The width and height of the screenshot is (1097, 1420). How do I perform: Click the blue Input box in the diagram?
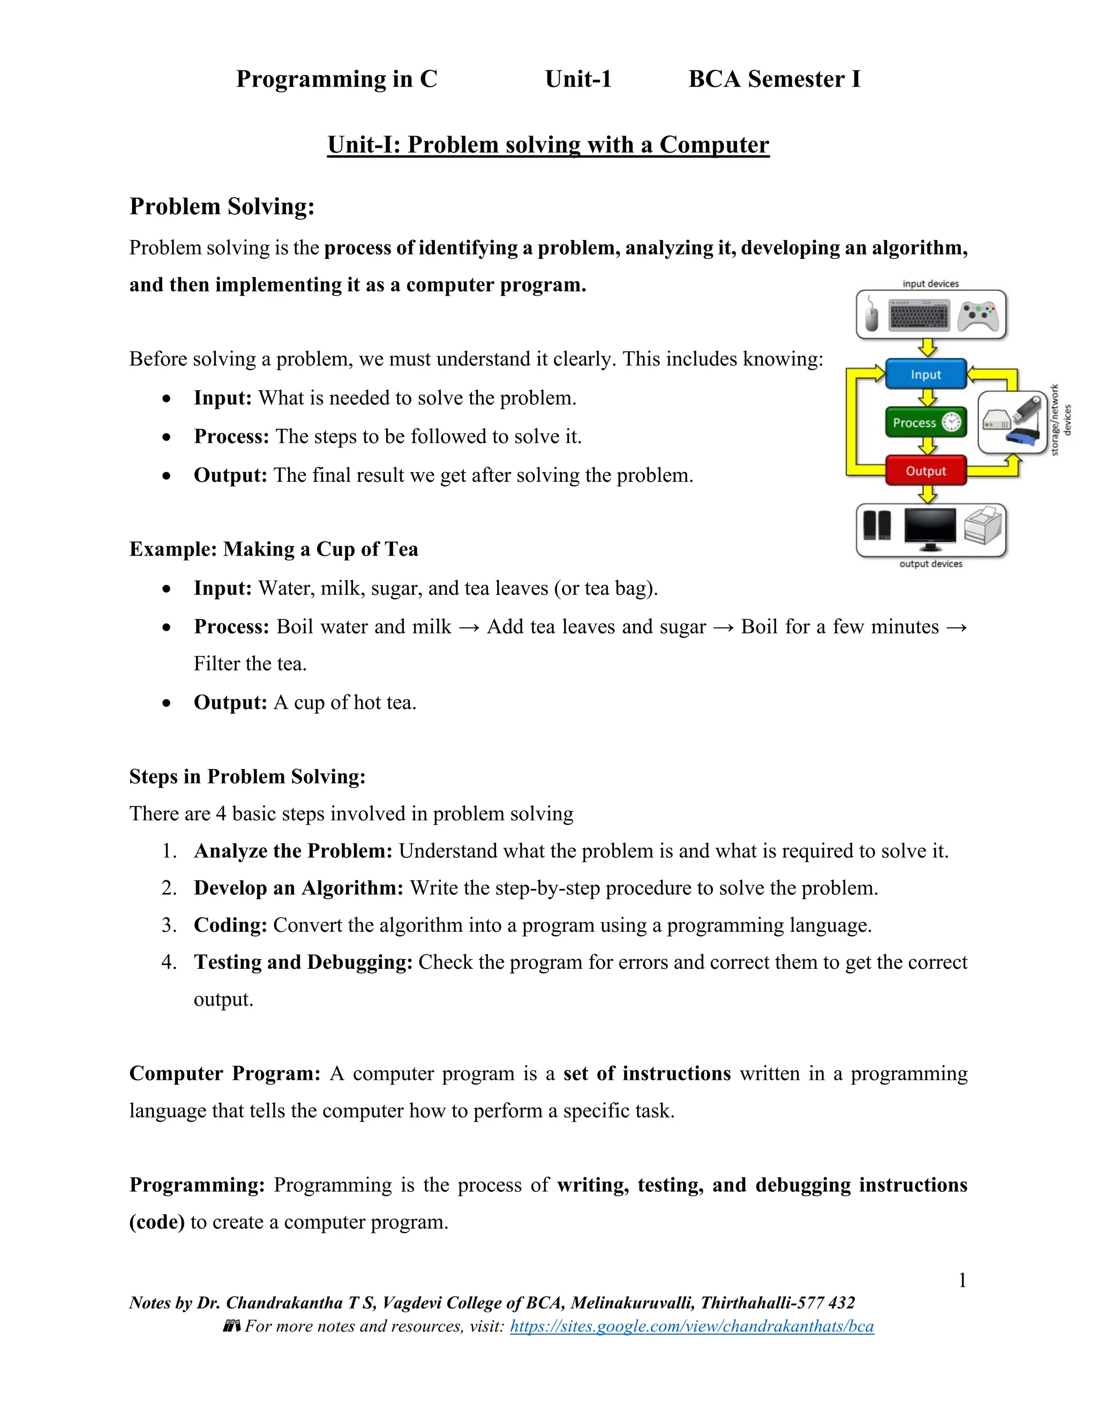tap(926, 375)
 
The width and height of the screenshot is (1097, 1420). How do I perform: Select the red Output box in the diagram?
tap(926, 470)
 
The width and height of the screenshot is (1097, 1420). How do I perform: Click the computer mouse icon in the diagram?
tap(871, 316)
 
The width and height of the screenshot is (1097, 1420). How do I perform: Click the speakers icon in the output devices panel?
tap(877, 525)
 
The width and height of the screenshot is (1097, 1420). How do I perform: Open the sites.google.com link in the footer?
tap(692, 1326)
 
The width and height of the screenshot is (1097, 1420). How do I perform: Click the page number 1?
tap(963, 1280)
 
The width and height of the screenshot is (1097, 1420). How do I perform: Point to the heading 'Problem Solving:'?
tap(222, 206)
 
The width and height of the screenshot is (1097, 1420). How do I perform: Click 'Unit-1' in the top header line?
tap(578, 79)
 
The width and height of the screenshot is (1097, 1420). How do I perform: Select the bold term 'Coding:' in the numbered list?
tap(230, 924)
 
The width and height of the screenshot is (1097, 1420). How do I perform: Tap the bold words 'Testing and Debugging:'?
tap(303, 962)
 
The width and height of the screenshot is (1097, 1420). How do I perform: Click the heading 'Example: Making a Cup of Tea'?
tap(274, 549)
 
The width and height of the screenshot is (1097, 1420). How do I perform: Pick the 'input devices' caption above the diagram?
tap(930, 283)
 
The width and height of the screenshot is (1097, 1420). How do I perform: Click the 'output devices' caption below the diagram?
tap(930, 564)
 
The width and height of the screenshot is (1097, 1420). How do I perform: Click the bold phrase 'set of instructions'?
tap(647, 1073)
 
